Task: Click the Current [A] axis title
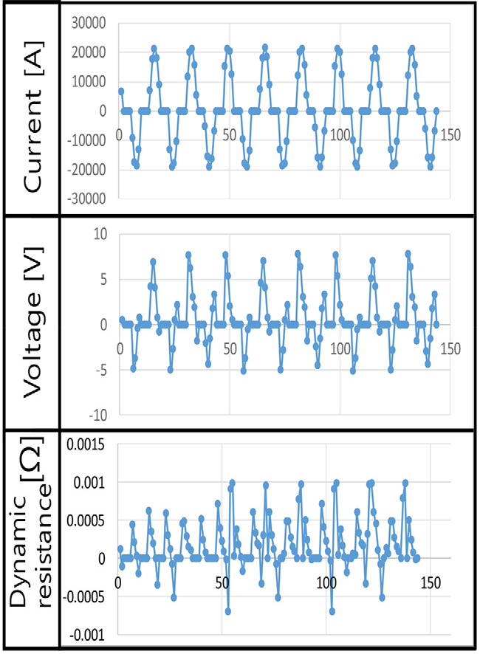[33, 117]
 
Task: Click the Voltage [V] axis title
[33, 323]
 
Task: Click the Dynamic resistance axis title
[30, 522]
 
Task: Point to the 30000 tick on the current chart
[89, 24]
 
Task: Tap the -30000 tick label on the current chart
[86, 199]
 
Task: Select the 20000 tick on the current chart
[89, 52]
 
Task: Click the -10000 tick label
[86, 140]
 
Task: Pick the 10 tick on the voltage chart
[100, 235]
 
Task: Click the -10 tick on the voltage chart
[97, 415]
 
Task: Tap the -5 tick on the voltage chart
[101, 370]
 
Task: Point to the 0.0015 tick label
[86, 445]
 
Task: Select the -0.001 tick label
[87, 636]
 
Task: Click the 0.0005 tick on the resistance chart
[86, 521]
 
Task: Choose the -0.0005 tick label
[83, 597]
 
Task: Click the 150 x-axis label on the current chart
[450, 135]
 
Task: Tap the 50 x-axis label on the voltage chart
[230, 348]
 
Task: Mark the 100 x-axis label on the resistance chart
[326, 582]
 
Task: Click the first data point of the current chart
[121, 92]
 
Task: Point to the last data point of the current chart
[436, 111]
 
